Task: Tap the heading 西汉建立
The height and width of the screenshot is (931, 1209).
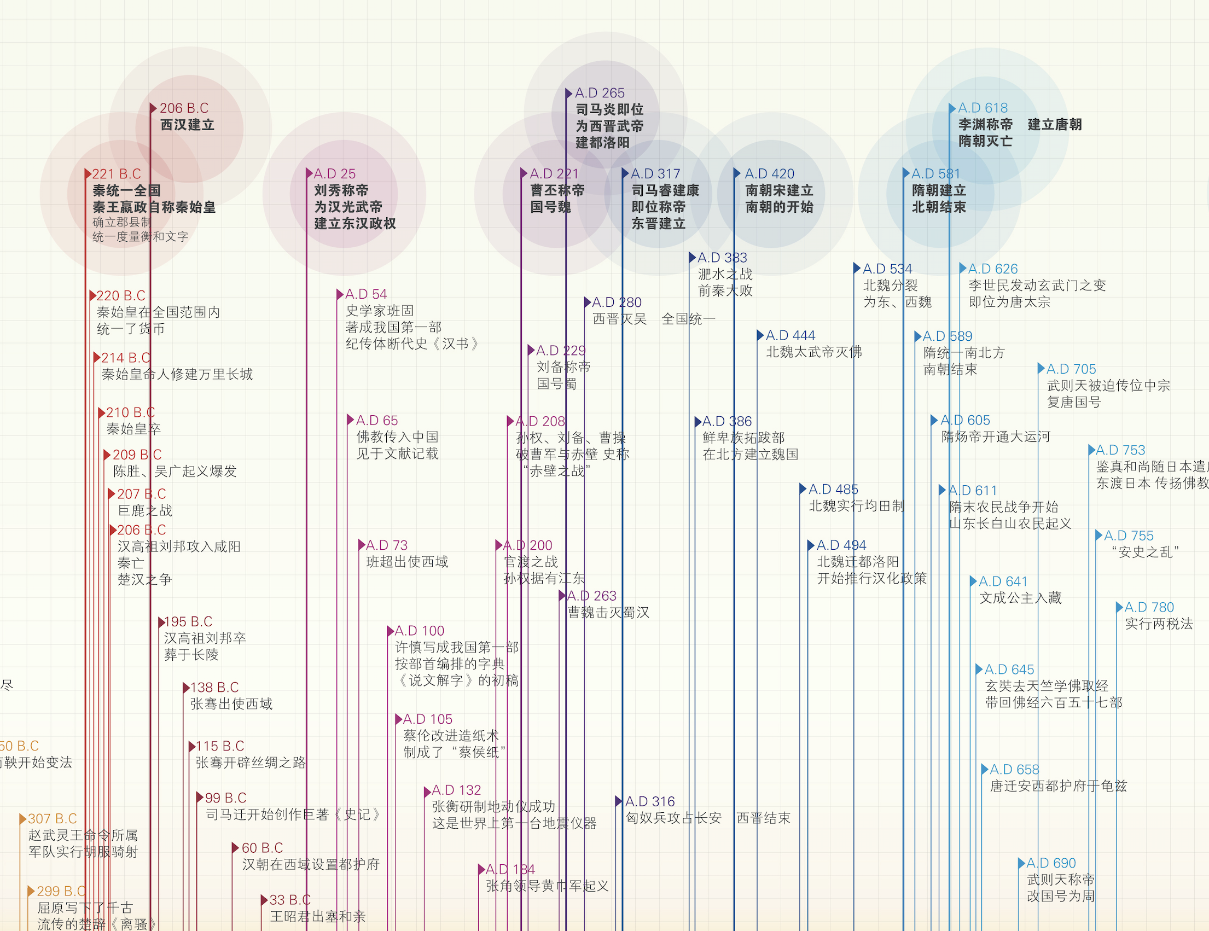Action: [x=187, y=125]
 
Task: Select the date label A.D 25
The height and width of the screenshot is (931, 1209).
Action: [x=334, y=174]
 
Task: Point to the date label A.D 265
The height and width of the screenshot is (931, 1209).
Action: [x=600, y=93]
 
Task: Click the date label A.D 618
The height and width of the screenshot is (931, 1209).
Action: [x=983, y=108]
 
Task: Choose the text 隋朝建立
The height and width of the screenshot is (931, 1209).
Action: [x=938, y=190]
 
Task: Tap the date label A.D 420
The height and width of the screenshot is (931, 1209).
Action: [x=769, y=174]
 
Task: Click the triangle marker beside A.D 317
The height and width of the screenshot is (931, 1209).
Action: [x=625, y=173]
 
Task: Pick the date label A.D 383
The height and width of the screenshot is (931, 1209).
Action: [x=722, y=258]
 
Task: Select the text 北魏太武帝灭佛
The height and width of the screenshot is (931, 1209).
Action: [x=814, y=352]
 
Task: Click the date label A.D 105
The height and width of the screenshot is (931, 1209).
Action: [x=427, y=719]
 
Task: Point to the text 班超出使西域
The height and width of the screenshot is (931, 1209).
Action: [x=407, y=562]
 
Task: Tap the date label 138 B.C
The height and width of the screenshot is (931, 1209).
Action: [x=214, y=688]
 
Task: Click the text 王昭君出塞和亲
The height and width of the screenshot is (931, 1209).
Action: [x=318, y=917]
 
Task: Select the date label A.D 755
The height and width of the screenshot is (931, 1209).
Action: [x=1128, y=536]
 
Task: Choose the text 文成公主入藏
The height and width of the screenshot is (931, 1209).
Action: [x=1020, y=598]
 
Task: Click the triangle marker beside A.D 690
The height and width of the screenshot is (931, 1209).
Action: [x=1022, y=863]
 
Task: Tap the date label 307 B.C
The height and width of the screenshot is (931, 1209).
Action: [x=52, y=819]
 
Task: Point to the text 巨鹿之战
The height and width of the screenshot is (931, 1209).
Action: [x=145, y=510]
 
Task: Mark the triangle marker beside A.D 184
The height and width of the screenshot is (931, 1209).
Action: [x=481, y=870]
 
